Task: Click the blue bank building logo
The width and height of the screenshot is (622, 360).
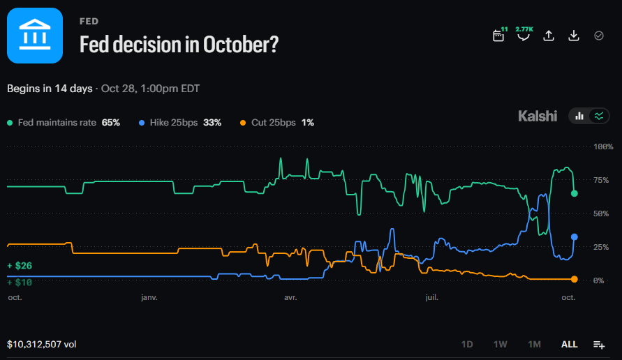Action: click(35, 36)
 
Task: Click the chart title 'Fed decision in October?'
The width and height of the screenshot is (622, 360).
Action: click(179, 45)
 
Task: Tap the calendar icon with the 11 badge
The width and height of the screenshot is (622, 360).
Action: click(498, 36)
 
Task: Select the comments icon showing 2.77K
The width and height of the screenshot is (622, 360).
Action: click(524, 34)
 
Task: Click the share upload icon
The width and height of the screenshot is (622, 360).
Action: click(549, 36)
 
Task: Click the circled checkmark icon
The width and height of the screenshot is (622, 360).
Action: click(599, 36)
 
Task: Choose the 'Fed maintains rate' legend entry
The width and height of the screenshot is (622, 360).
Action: click(64, 123)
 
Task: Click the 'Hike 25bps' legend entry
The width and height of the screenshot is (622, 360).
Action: click(179, 123)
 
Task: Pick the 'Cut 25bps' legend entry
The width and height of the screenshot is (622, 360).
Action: click(277, 123)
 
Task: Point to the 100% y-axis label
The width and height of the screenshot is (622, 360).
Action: click(603, 147)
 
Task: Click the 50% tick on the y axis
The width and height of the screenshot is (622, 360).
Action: click(601, 213)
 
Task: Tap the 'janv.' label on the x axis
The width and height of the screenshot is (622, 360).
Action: click(149, 297)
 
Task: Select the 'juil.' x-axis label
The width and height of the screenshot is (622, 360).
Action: click(431, 297)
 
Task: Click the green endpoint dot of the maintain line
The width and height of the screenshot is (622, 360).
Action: click(574, 193)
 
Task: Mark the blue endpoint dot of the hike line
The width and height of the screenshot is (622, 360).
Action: click(574, 237)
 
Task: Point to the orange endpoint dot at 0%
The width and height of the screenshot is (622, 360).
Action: click(574, 279)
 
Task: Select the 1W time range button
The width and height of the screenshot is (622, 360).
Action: click(501, 344)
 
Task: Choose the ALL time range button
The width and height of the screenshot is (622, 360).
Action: click(569, 344)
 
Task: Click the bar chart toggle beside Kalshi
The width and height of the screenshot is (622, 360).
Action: click(579, 117)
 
